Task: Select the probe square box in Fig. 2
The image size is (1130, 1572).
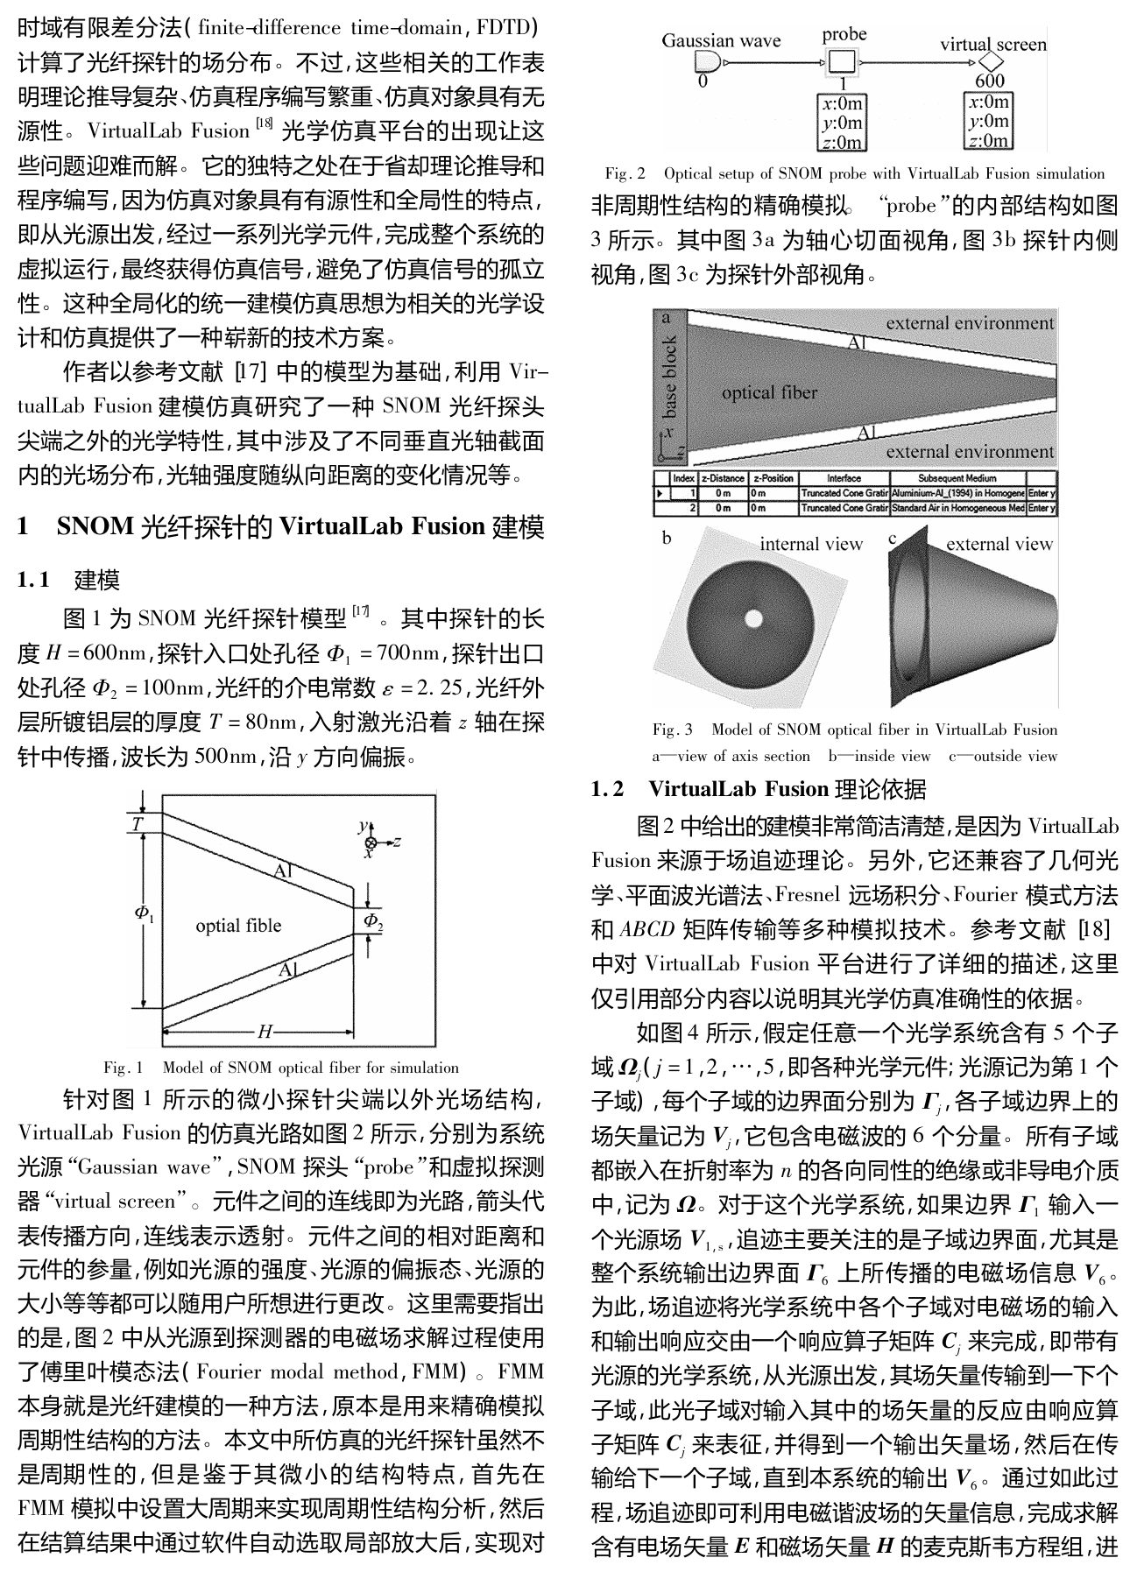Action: point(842,61)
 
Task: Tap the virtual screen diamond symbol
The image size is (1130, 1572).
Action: point(991,62)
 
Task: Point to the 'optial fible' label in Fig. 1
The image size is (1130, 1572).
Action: point(238,926)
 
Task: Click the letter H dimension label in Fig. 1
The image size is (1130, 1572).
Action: point(265,1031)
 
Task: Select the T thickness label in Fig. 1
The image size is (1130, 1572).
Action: point(138,824)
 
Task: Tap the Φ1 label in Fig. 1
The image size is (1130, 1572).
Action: point(144,913)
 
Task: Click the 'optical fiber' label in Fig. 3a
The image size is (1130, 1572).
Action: point(769,393)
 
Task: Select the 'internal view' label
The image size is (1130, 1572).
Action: point(811,544)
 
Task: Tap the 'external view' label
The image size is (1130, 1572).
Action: point(999,544)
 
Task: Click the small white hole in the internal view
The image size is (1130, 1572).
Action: point(753,619)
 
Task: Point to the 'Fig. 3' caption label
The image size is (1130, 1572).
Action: point(672,730)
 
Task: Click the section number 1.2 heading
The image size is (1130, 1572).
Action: point(608,789)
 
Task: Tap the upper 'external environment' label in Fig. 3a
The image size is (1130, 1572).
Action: point(970,322)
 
